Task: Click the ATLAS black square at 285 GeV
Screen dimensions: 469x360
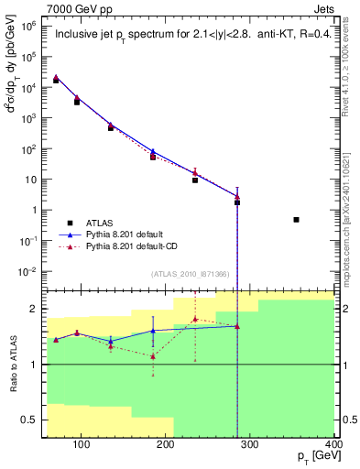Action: pos(237,202)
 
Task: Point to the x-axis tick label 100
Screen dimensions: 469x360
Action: pos(81,445)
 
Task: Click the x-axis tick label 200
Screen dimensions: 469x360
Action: pos(166,445)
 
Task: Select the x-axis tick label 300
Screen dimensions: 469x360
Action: pos(251,445)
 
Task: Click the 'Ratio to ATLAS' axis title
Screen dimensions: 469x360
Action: pos(14,364)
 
